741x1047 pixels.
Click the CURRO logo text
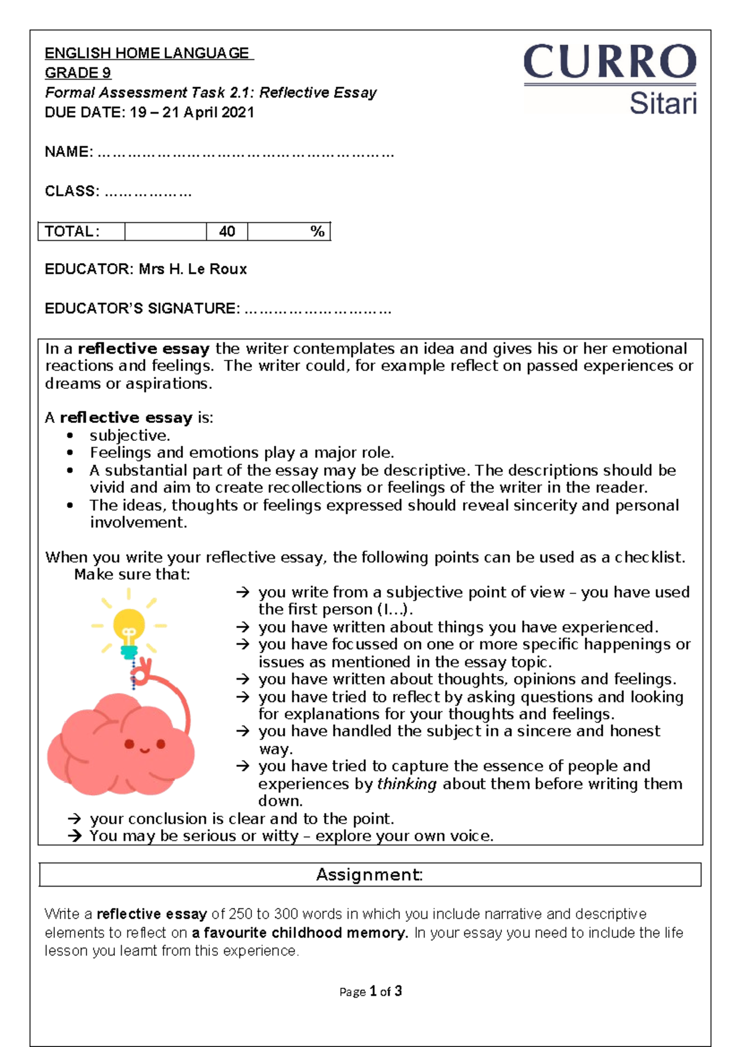pyautogui.click(x=609, y=62)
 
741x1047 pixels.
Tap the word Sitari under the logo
pyautogui.click(x=663, y=103)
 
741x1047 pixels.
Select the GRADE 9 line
pyautogui.click(x=78, y=73)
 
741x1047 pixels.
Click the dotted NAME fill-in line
pyautogui.click(x=245, y=152)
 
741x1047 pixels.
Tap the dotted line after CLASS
pyautogui.click(x=148, y=192)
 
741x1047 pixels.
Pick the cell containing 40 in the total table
pyautogui.click(x=227, y=232)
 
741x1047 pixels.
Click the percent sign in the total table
pyautogui.click(x=317, y=232)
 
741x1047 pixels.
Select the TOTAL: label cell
pyautogui.click(x=80, y=232)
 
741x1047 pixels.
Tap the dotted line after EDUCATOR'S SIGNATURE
pyautogui.click(x=317, y=309)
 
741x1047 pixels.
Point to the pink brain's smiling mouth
pyautogui.click(x=144, y=751)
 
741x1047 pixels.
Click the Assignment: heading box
pyautogui.click(x=370, y=875)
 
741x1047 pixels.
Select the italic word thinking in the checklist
pyautogui.click(x=406, y=784)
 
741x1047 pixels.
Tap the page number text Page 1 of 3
pyautogui.click(x=371, y=991)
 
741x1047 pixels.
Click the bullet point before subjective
pyautogui.click(x=70, y=436)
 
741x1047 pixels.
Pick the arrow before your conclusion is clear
pyautogui.click(x=75, y=819)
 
